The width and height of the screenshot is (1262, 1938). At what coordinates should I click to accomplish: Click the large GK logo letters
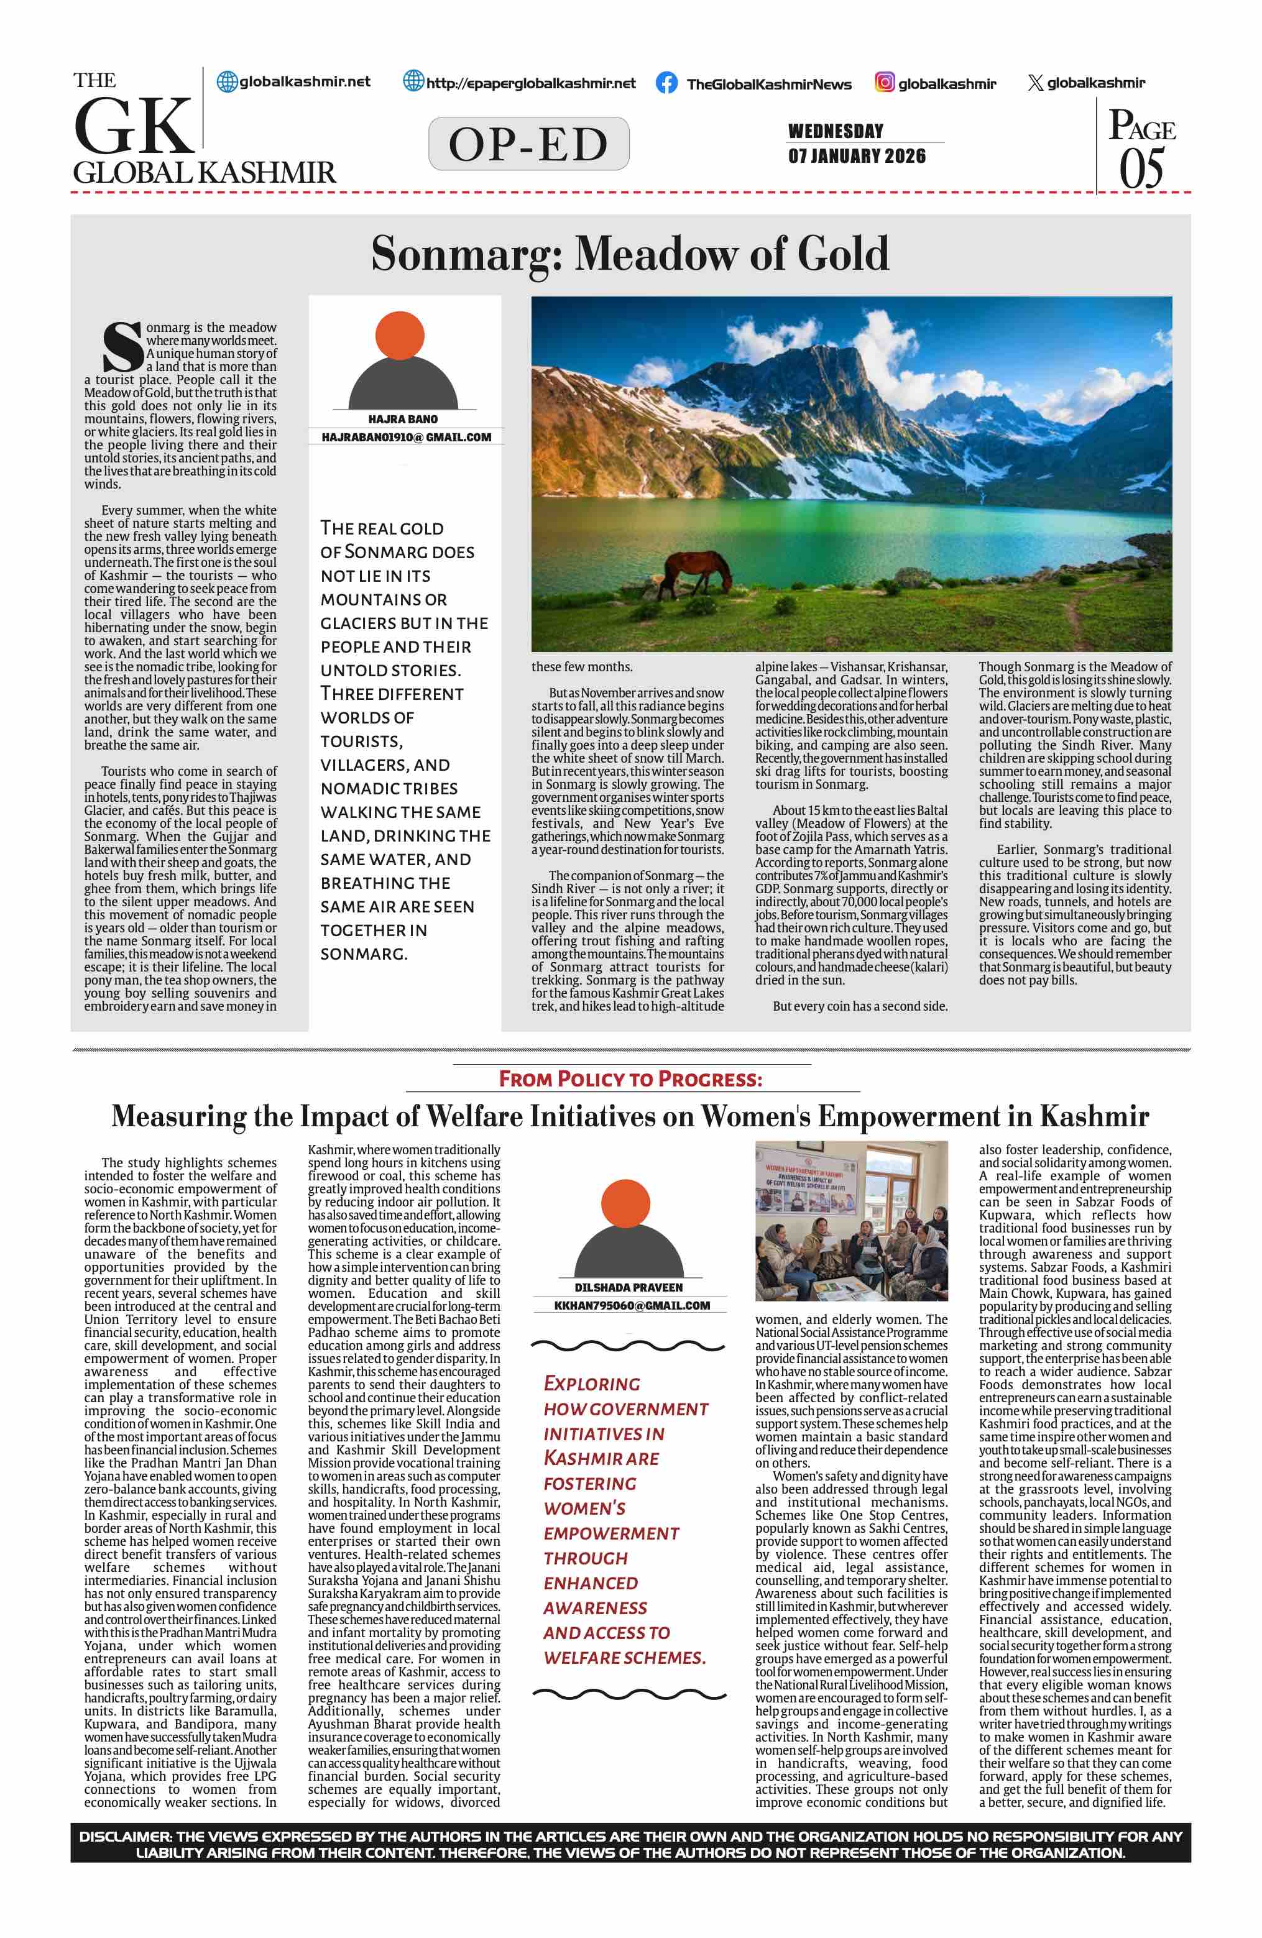click(134, 126)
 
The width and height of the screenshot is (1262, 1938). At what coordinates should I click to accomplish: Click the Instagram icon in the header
click(884, 82)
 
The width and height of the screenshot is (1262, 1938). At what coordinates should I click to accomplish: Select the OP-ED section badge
click(528, 144)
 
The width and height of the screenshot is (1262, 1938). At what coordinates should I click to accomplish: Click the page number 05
click(1141, 169)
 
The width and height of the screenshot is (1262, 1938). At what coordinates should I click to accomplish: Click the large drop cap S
click(122, 347)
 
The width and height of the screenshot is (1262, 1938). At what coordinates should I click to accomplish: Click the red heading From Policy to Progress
click(631, 1080)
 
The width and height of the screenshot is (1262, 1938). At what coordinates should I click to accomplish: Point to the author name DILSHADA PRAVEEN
click(629, 1287)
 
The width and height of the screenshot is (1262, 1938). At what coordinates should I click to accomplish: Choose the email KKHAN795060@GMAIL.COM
click(632, 1305)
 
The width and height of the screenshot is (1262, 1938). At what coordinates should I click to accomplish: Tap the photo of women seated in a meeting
click(851, 1221)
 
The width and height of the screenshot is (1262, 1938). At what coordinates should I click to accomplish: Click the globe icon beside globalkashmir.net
click(226, 81)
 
